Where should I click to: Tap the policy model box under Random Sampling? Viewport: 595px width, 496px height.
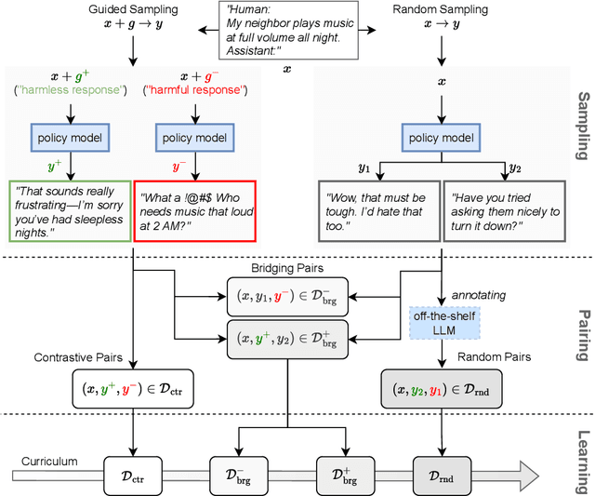tap(437, 138)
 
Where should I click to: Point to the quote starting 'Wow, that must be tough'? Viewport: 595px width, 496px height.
tap(377, 211)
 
